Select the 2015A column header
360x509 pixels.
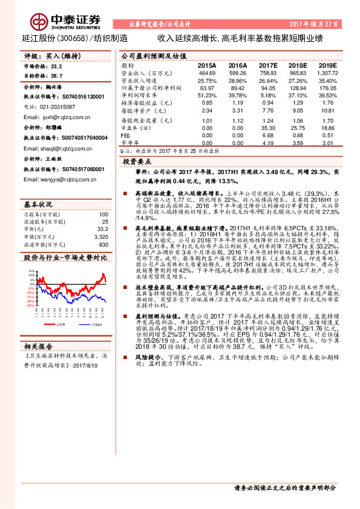pos(207,65)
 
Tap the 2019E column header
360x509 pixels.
pos(327,65)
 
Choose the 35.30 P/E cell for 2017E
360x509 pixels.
pos(268,128)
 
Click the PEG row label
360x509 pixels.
pos(126,135)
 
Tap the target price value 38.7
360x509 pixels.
pos(57,76)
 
